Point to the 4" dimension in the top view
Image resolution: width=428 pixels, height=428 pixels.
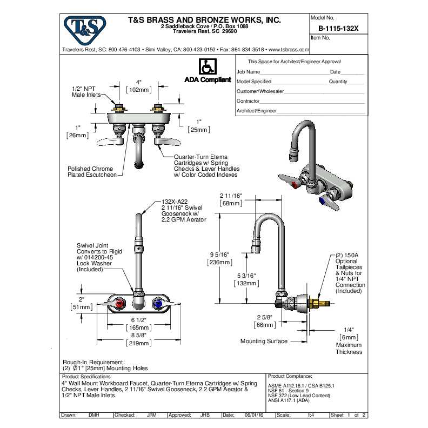coord(138,82)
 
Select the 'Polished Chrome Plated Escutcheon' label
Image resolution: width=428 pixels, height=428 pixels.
coord(92,171)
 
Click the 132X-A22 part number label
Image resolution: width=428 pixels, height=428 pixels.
coord(175,200)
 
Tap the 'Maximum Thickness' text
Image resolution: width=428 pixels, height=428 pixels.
coord(349,349)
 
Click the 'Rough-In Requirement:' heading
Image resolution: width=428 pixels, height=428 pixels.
coord(94,362)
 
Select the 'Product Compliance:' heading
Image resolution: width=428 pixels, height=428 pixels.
coord(291,376)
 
